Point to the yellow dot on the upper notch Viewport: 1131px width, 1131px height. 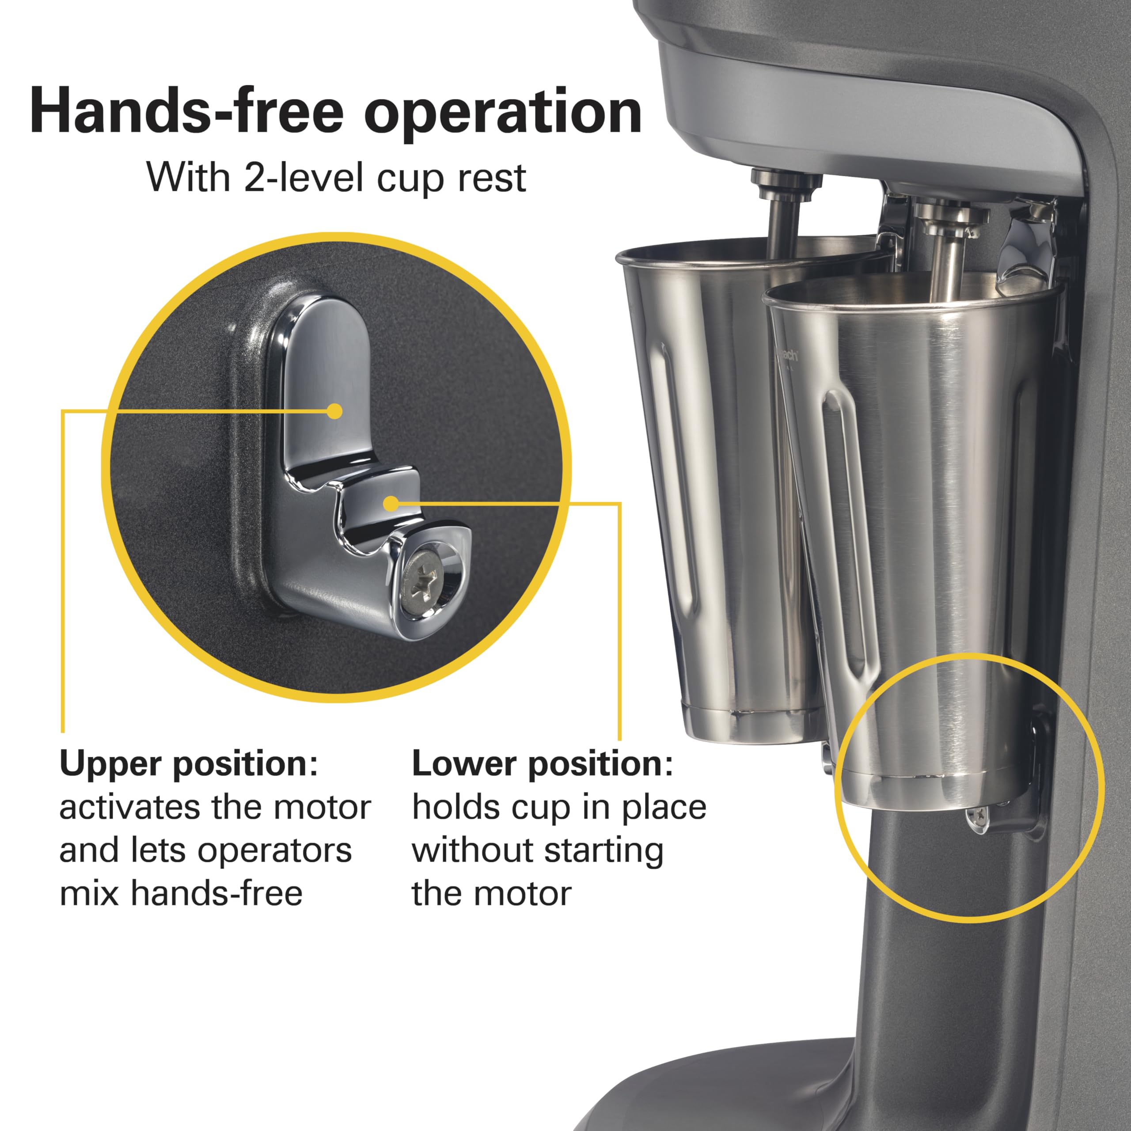[335, 412]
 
